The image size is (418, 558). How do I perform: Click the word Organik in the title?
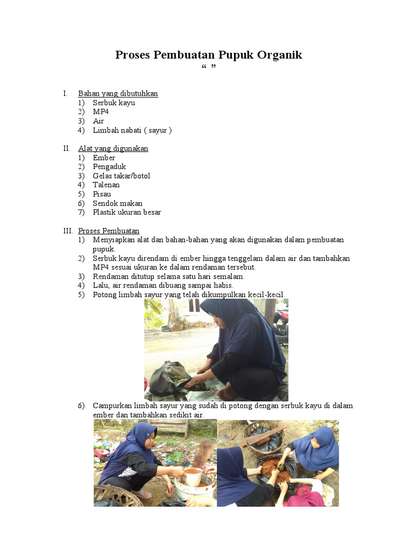(x=276, y=55)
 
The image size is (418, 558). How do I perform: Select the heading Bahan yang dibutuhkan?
(x=118, y=94)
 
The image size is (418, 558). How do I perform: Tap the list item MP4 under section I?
(x=101, y=112)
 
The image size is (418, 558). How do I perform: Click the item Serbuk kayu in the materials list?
(x=114, y=102)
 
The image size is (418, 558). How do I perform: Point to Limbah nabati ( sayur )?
(x=132, y=130)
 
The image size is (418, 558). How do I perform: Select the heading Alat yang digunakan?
(x=113, y=148)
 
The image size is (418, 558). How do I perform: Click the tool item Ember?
(x=104, y=157)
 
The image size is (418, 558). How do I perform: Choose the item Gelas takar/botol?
(x=121, y=176)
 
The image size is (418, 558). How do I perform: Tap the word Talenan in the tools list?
(x=106, y=185)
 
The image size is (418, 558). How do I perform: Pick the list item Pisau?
(x=102, y=194)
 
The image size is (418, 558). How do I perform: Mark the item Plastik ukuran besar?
(x=127, y=213)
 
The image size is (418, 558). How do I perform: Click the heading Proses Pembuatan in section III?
(x=108, y=231)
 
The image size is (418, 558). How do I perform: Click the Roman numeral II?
(x=66, y=148)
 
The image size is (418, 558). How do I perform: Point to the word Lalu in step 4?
(x=101, y=286)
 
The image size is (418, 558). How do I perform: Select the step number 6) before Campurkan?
(x=81, y=406)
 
